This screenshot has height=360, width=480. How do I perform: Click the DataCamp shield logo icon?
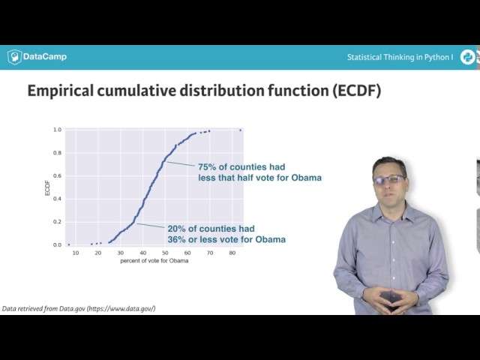click(x=14, y=57)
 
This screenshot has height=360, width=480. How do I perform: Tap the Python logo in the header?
click(x=467, y=57)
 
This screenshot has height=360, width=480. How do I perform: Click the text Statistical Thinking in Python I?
click(x=400, y=57)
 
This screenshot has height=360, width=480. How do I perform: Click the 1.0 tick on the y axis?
click(x=58, y=130)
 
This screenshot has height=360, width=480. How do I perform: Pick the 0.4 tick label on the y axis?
click(x=58, y=199)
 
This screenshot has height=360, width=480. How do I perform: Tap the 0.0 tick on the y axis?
click(x=58, y=245)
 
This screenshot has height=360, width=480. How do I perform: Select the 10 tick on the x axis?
click(x=75, y=253)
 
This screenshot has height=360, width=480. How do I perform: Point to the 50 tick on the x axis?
click(x=165, y=253)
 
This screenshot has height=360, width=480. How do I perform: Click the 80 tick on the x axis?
click(x=232, y=253)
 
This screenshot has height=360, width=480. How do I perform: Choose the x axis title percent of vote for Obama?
click(x=154, y=261)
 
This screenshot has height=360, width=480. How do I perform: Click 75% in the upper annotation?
click(x=208, y=166)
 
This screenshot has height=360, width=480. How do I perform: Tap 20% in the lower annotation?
click(x=178, y=229)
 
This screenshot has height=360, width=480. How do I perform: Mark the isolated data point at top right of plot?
click(x=240, y=130)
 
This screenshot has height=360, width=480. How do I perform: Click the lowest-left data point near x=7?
click(x=68, y=244)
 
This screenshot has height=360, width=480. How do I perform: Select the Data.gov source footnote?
click(x=79, y=309)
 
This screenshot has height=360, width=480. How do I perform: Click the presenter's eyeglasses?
click(x=389, y=180)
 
